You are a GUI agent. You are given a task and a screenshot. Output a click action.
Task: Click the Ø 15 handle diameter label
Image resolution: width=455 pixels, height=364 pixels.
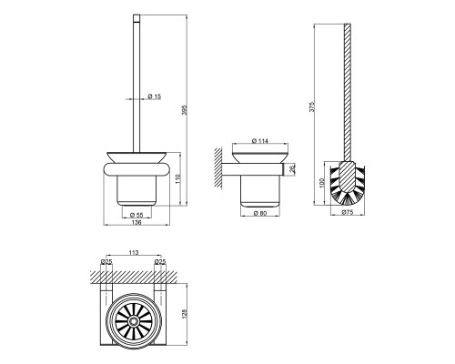pyautogui.click(x=155, y=96)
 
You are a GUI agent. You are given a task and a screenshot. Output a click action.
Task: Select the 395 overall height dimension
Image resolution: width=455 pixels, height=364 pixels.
pyautogui.click(x=184, y=110)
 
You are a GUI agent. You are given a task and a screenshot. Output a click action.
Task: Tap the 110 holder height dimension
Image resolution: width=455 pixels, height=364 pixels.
pyautogui.click(x=178, y=178)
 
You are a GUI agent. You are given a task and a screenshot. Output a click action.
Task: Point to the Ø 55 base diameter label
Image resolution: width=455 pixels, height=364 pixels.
pyautogui.click(x=136, y=215)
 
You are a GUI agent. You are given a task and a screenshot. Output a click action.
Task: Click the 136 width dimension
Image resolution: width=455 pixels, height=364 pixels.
pyautogui.click(x=136, y=222)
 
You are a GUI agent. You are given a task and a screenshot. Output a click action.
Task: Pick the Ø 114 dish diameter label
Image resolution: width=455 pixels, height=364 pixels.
pyautogui.click(x=260, y=141)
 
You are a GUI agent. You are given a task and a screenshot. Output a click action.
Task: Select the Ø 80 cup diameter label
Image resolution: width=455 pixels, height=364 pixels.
pyautogui.click(x=260, y=213)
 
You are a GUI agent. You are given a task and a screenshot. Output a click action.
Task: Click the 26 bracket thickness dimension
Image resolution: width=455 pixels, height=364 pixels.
pyautogui.click(x=292, y=169)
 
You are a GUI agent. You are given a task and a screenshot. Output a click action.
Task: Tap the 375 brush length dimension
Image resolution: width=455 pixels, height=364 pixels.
pyautogui.click(x=312, y=106)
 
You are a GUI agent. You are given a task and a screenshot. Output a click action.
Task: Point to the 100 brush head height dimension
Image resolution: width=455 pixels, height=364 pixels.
pyautogui.click(x=322, y=183)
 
